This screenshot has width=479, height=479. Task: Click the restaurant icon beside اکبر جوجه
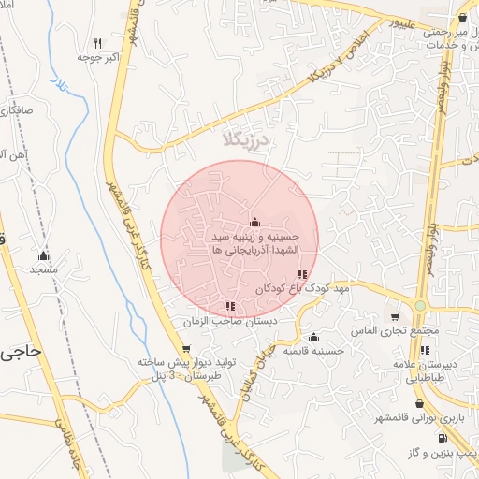(x=99, y=43)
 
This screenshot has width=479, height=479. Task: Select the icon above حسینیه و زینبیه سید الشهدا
(x=255, y=222)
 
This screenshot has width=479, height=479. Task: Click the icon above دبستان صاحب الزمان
(x=230, y=306)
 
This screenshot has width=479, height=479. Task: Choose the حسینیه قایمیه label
(x=314, y=351)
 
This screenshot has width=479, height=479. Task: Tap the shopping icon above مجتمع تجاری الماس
(x=395, y=317)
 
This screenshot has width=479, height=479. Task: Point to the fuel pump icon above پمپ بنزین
(x=441, y=437)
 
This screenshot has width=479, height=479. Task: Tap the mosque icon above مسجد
(x=43, y=255)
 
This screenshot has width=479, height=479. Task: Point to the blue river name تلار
(x=60, y=87)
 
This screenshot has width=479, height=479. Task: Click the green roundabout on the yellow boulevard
(x=420, y=306)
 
